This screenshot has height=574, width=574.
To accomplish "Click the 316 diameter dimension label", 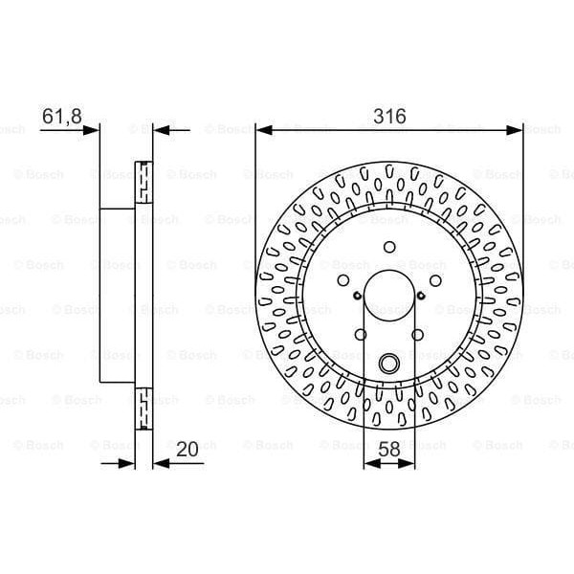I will [389, 116].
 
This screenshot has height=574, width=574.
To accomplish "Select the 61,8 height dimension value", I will [59, 116].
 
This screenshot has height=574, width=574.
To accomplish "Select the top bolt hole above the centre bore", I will [389, 244].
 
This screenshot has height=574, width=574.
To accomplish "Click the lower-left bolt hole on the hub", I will [361, 334].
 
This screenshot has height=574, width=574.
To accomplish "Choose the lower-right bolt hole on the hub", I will [418, 334].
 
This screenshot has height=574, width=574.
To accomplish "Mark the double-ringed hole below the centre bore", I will [389, 364].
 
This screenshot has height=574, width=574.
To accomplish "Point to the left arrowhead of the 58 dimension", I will [370, 463].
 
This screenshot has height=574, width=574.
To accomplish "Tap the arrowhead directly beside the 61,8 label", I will [93, 128].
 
